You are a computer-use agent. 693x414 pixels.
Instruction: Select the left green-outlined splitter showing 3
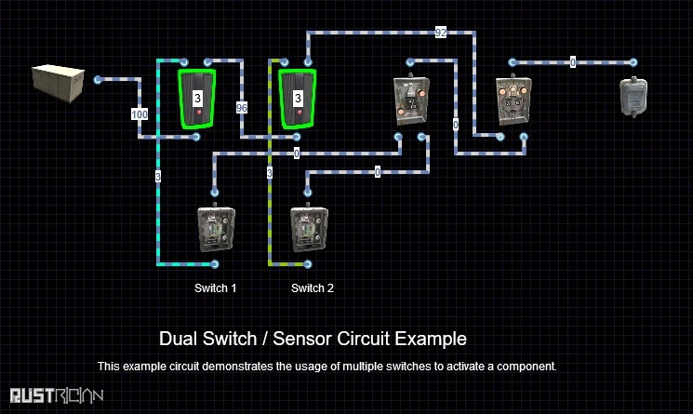(197, 98)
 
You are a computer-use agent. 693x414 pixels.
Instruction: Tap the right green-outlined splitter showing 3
(298, 98)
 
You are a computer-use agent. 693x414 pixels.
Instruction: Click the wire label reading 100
(140, 114)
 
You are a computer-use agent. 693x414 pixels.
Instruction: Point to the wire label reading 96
(242, 107)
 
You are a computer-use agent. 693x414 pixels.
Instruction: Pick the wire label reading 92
(441, 33)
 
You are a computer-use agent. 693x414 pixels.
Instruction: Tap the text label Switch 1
(215, 288)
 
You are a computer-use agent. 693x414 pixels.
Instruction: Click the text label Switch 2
(313, 288)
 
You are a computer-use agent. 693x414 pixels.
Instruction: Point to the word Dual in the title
(177, 339)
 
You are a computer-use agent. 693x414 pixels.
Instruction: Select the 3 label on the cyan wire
(159, 174)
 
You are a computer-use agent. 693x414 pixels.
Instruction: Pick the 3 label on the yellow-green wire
(270, 173)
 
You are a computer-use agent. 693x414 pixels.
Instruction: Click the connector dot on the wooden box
(98, 79)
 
